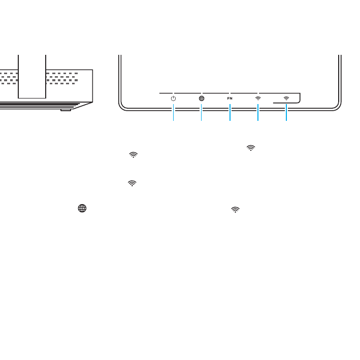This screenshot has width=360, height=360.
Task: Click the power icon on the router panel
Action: coord(174,98)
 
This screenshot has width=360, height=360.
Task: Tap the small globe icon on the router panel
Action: coord(202,98)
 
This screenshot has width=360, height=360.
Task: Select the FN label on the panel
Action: coord(230,98)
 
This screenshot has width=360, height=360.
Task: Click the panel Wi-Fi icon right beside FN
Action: coord(258,97)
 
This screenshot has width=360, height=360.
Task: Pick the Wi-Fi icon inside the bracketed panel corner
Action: coord(286,97)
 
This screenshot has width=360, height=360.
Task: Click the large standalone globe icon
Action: coord(81,208)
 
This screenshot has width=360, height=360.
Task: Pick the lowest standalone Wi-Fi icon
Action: coord(235,208)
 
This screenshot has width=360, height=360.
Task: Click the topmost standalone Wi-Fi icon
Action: coord(250,147)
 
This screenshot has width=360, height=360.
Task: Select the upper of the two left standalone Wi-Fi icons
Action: coord(134,154)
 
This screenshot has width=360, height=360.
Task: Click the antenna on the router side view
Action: coord(31,76)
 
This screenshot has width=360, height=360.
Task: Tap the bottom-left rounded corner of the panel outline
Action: coord(122,105)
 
